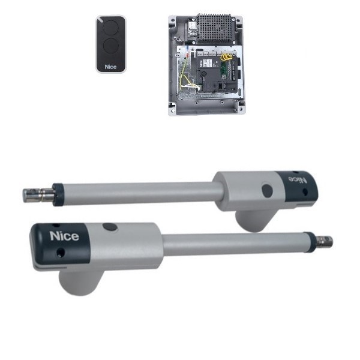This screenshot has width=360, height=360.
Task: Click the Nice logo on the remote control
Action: [110, 67]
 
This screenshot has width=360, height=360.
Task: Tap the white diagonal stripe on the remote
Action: [100, 20]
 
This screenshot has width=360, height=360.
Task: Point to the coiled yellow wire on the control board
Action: [226, 57]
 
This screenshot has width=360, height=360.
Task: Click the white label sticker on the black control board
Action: [208, 62]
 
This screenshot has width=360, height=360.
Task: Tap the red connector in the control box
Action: [187, 55]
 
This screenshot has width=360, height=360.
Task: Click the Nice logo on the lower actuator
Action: [64, 236]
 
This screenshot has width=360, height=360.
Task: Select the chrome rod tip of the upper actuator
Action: [38, 195]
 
